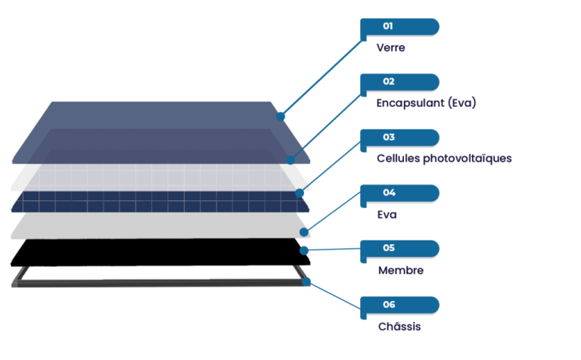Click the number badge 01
(388, 26)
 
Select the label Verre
(391, 48)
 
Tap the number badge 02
(388, 82)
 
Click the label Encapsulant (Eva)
(426, 103)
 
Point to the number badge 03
(388, 138)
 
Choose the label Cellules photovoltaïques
(444, 159)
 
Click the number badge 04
(388, 193)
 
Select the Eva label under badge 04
(387, 215)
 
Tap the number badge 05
(388, 248)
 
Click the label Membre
(400, 270)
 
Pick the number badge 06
(388, 305)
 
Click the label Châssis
(399, 327)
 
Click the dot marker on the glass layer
(281, 116)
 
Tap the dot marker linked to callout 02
(291, 160)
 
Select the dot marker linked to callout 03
(300, 193)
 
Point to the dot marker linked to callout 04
(304, 231)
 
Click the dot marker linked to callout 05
(303, 250)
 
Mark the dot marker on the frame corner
(306, 281)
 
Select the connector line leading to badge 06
(333, 295)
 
